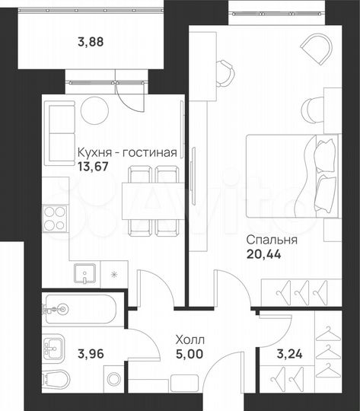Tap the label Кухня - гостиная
coord(127,153)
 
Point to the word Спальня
coord(271,241)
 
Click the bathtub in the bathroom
coord(80,309)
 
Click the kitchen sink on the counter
coord(81,272)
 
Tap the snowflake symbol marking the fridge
coord(113,272)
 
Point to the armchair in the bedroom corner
coord(314,49)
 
